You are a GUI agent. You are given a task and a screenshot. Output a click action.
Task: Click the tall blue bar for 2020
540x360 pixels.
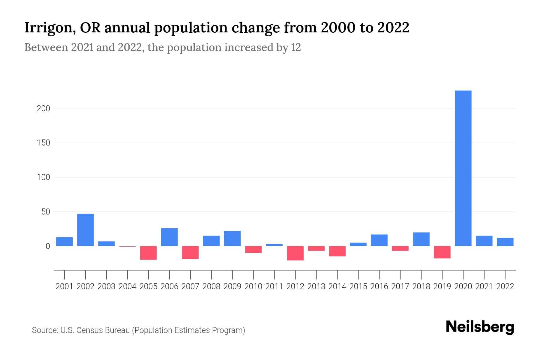pyautogui.click(x=463, y=168)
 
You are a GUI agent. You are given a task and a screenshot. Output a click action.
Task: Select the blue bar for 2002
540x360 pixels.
pyautogui.click(x=85, y=230)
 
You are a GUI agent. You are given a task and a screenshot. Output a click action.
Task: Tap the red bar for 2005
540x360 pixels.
pyautogui.click(x=148, y=253)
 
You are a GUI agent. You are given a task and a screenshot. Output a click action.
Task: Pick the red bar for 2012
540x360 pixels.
pyautogui.click(x=295, y=253)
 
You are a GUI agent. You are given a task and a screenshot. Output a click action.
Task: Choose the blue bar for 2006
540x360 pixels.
pyautogui.click(x=169, y=237)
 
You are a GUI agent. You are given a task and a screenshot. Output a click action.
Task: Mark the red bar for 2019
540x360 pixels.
pyautogui.click(x=442, y=252)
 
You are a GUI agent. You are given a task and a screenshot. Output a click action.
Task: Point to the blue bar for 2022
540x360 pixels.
pyautogui.click(x=505, y=242)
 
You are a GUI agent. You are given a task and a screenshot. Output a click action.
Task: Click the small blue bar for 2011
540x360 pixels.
pyautogui.click(x=274, y=245)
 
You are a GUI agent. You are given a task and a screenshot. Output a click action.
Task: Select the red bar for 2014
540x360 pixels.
pyautogui.click(x=337, y=251)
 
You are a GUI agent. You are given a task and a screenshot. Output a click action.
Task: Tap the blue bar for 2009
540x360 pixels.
pyautogui.click(x=232, y=238)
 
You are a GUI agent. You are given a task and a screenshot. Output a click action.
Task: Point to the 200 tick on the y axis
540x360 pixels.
pyautogui.click(x=43, y=109)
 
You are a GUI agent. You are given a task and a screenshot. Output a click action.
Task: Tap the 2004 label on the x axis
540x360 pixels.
pyautogui.click(x=127, y=286)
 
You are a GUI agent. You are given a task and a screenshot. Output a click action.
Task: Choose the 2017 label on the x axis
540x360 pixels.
pyautogui.click(x=400, y=286)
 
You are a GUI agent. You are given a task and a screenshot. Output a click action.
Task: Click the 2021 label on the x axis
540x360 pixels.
pyautogui.click(x=484, y=286)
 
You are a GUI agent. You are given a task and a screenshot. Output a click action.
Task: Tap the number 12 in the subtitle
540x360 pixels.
pyautogui.click(x=296, y=47)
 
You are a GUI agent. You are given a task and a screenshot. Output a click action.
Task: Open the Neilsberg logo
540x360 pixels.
pyautogui.click(x=480, y=327)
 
